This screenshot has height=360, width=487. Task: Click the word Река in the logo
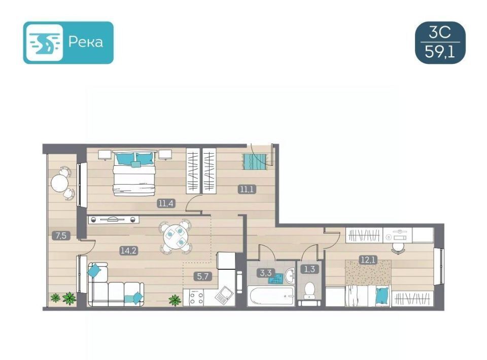tap(85, 42)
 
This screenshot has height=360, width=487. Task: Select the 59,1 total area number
tap(440, 52)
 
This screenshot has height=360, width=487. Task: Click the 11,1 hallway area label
tap(247, 189)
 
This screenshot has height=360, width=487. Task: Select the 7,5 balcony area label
tap(61, 236)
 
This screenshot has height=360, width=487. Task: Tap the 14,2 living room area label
tap(129, 250)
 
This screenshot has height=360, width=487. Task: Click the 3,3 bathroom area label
tap(265, 273)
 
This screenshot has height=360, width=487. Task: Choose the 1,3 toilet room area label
tap(309, 269)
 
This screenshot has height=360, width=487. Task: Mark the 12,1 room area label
tap(368, 260)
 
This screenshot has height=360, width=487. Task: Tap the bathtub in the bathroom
tap(271, 296)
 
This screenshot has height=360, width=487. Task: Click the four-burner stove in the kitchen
tap(197, 298)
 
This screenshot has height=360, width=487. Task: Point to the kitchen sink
tap(224, 295)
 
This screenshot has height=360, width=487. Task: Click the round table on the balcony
tap(60, 184)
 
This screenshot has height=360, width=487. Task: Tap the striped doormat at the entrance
tap(254, 162)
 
